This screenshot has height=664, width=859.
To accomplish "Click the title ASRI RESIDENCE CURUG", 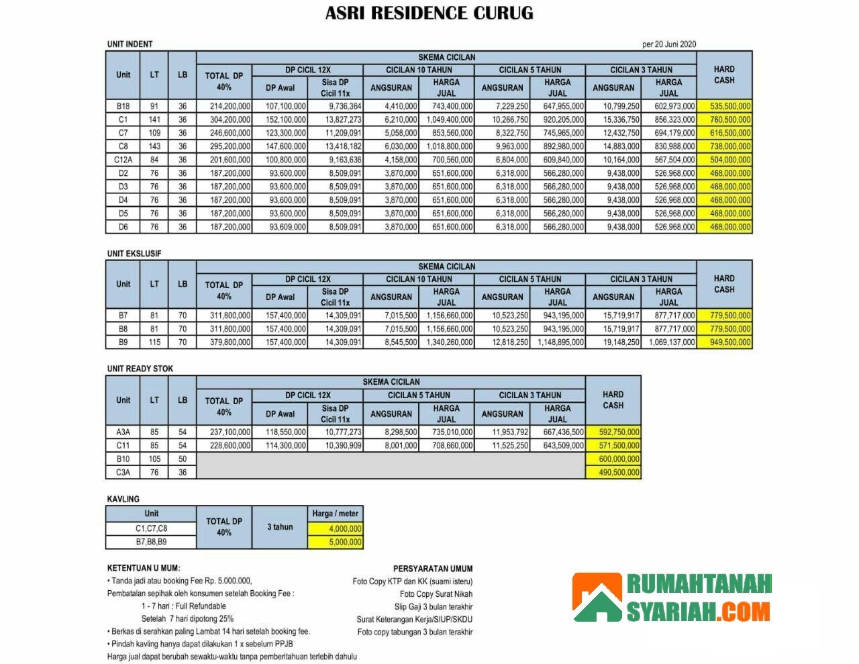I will click(x=429, y=13).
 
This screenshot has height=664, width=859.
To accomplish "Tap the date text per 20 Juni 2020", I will click(x=668, y=44).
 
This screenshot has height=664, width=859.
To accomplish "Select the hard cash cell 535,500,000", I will click(x=725, y=106).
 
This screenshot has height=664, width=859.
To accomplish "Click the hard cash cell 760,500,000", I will click(x=725, y=120).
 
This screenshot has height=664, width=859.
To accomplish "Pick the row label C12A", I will click(x=123, y=160).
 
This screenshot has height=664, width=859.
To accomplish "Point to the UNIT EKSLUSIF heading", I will click(x=134, y=254).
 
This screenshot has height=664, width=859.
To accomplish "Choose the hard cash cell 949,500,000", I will click(x=725, y=342).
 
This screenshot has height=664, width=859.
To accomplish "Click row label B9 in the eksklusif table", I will click(x=123, y=342).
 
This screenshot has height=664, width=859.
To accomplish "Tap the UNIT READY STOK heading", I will click(x=140, y=369).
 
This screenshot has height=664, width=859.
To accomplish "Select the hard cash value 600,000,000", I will click(x=613, y=459).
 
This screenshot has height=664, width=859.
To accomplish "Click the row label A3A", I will click(x=123, y=432).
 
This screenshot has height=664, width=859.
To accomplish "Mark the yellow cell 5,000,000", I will click(x=336, y=542).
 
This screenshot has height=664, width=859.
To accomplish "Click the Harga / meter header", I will click(x=336, y=514).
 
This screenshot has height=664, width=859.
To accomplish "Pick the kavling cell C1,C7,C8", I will click(x=151, y=528).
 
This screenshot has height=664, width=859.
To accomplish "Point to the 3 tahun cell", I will click(x=280, y=527).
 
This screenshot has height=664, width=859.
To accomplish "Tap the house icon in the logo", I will click(x=597, y=598).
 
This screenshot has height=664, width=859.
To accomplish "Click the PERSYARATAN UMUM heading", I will click(x=433, y=569).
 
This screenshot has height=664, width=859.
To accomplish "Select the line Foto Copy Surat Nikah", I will click(x=436, y=594).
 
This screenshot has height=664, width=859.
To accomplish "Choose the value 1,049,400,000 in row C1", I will click(x=446, y=120).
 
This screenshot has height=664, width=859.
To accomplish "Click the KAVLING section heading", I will click(x=123, y=499).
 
